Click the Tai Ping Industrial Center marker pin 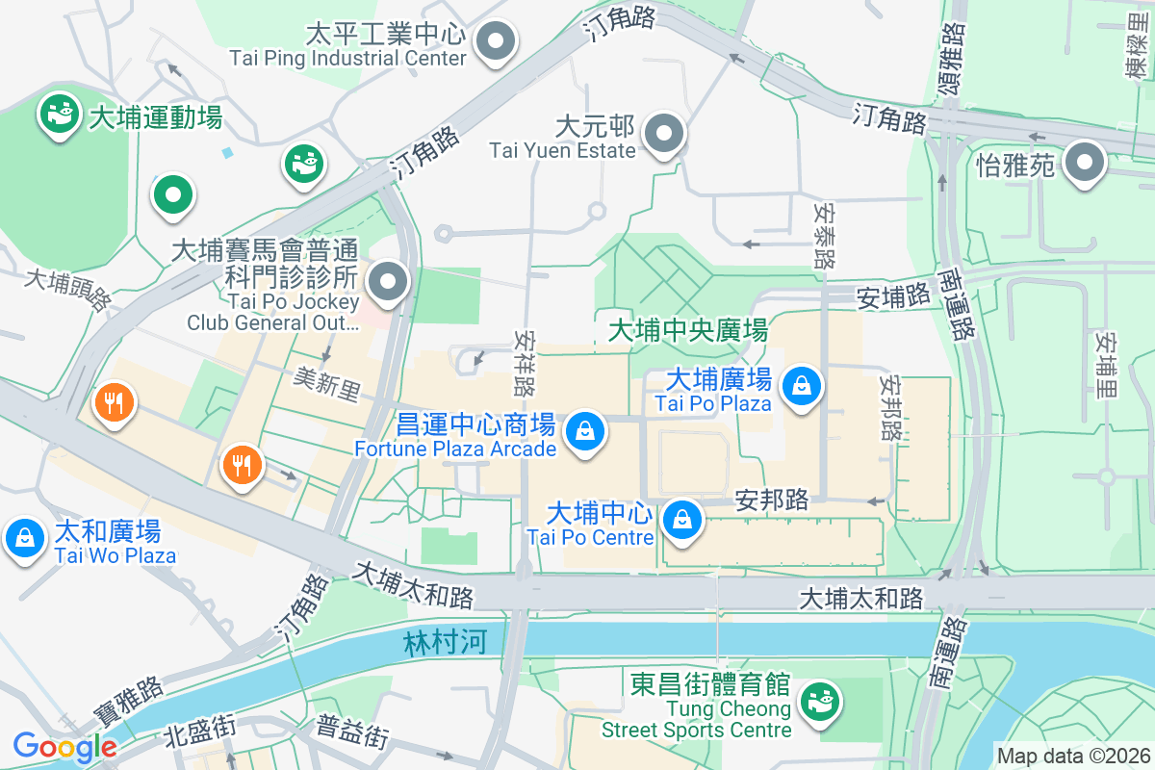click(498, 41)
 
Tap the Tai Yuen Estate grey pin click(663, 134)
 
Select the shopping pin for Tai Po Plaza click(801, 387)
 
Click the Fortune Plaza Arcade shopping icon click(585, 431)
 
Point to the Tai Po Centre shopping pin click(681, 520)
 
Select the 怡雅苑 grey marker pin click(1086, 163)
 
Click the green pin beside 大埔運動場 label click(60, 114)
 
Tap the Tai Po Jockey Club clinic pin click(389, 283)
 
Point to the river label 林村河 click(447, 642)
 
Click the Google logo click(64, 746)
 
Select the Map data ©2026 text click(1072, 756)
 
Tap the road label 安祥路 click(526, 365)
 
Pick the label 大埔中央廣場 click(688, 331)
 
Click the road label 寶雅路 click(128, 702)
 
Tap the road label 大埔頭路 click(67, 290)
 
